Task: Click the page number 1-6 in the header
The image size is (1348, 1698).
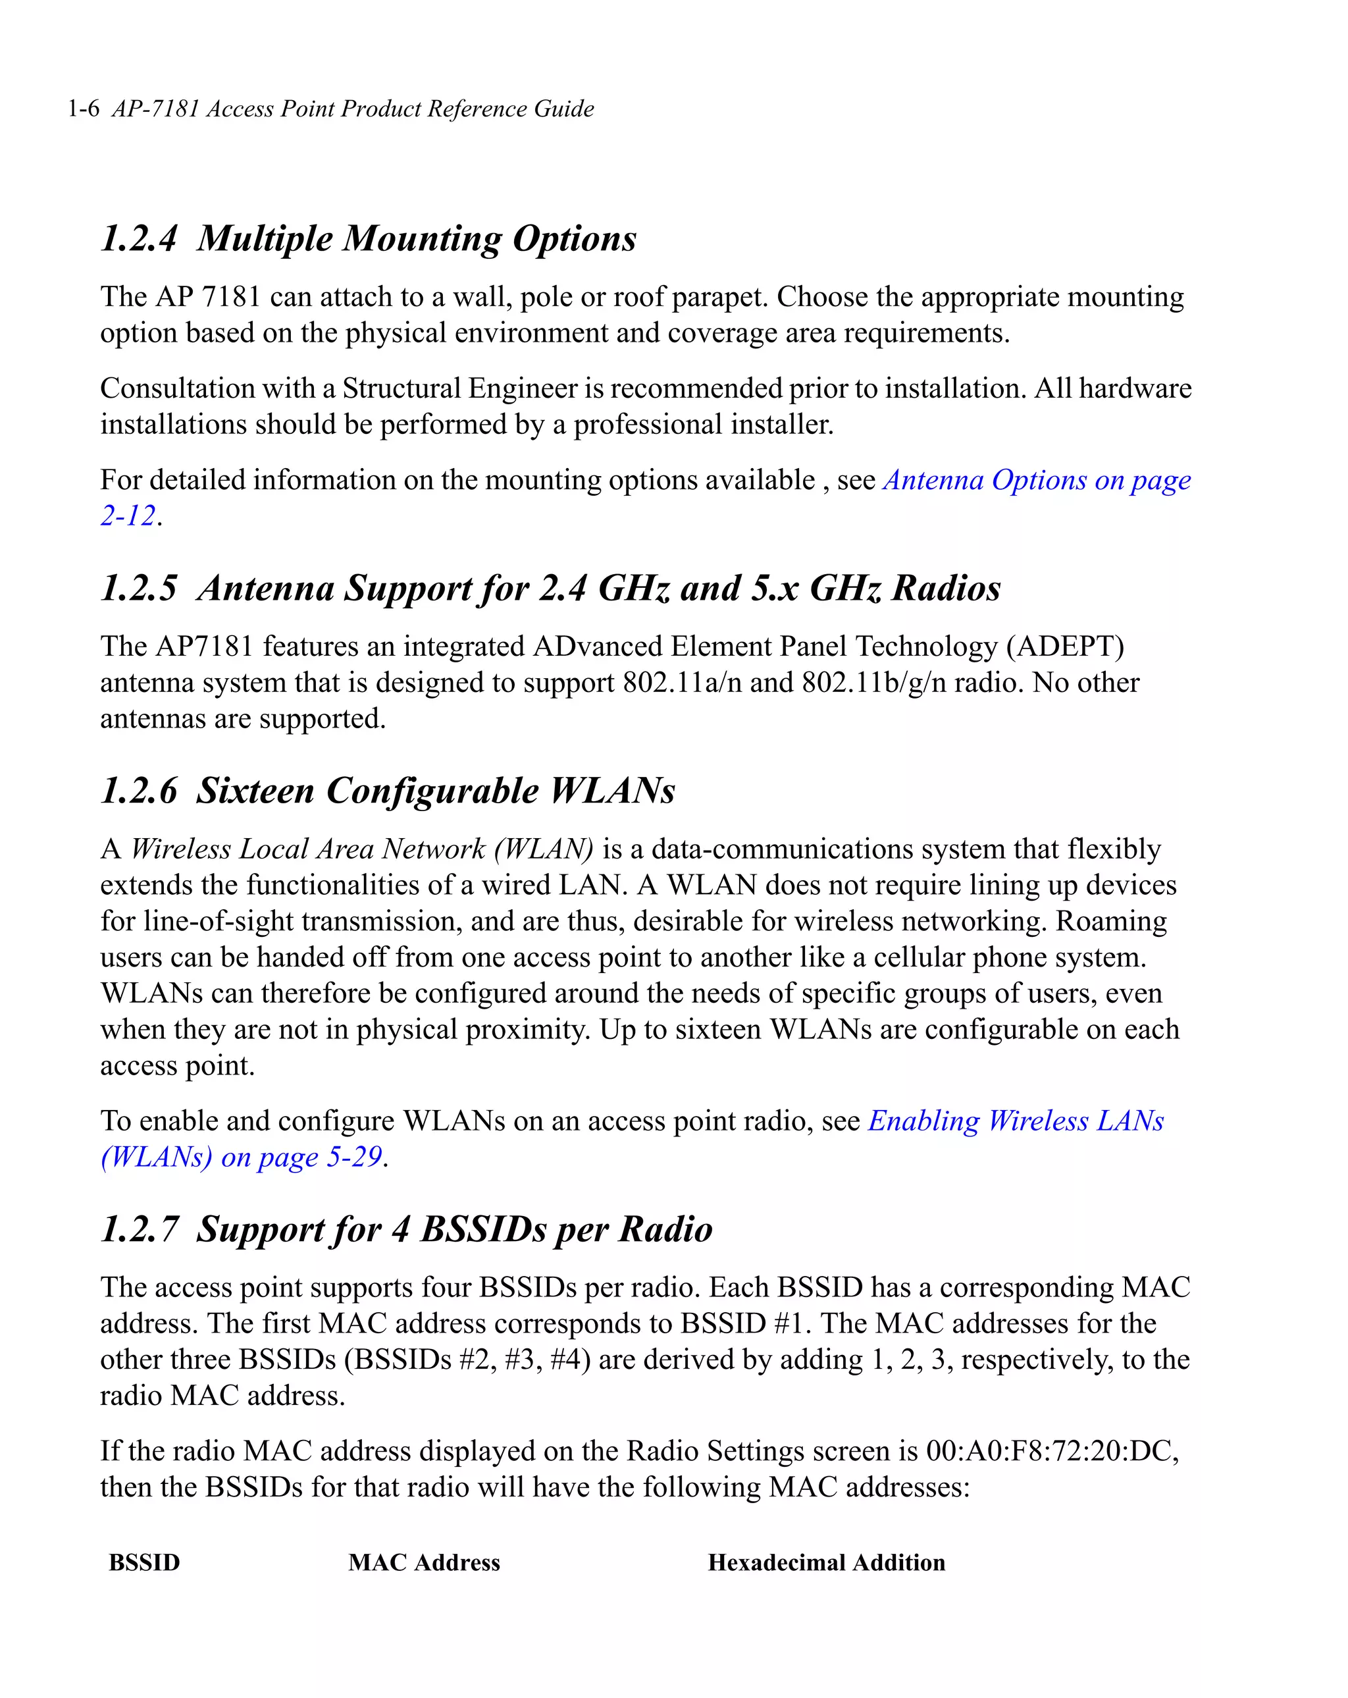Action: click(84, 109)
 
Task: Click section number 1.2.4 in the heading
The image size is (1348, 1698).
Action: click(139, 238)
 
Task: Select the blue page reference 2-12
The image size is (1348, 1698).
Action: click(128, 516)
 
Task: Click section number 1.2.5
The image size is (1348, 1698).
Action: click(139, 589)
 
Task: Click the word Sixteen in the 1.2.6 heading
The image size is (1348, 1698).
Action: click(255, 791)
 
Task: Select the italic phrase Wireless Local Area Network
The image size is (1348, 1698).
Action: click(307, 849)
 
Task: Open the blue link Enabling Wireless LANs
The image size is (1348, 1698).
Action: click(1016, 1121)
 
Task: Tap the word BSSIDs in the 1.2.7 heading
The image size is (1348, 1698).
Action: click(484, 1229)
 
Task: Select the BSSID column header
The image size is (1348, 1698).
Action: click(145, 1562)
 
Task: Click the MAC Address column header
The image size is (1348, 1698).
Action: click(425, 1562)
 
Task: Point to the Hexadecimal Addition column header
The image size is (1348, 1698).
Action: click(826, 1562)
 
